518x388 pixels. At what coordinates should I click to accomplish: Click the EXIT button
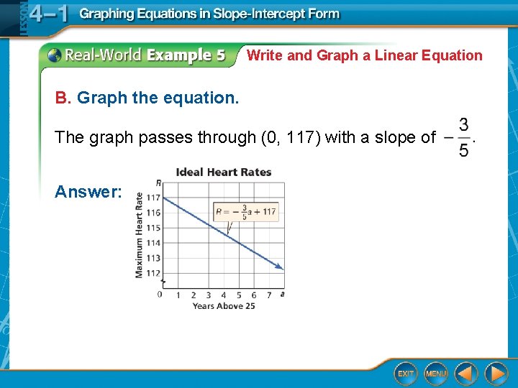(406, 373)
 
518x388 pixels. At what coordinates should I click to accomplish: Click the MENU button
(435, 373)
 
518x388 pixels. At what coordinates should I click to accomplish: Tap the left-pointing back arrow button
(466, 373)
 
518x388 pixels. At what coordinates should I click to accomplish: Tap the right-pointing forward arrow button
(496, 373)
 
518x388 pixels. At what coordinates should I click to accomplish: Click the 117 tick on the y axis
(153, 198)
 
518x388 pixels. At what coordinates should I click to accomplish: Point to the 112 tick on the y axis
(153, 272)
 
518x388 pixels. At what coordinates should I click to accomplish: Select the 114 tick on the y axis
(153, 243)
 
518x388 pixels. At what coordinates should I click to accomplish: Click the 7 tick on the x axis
(268, 295)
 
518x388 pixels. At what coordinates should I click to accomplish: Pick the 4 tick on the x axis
(224, 295)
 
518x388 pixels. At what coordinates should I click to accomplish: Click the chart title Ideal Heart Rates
(224, 172)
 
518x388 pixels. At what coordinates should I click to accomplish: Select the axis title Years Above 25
(224, 306)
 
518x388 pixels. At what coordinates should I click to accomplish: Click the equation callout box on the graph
(245, 212)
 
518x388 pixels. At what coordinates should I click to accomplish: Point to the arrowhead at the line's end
(280, 267)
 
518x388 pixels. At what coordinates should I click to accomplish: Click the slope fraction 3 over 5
(464, 137)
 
